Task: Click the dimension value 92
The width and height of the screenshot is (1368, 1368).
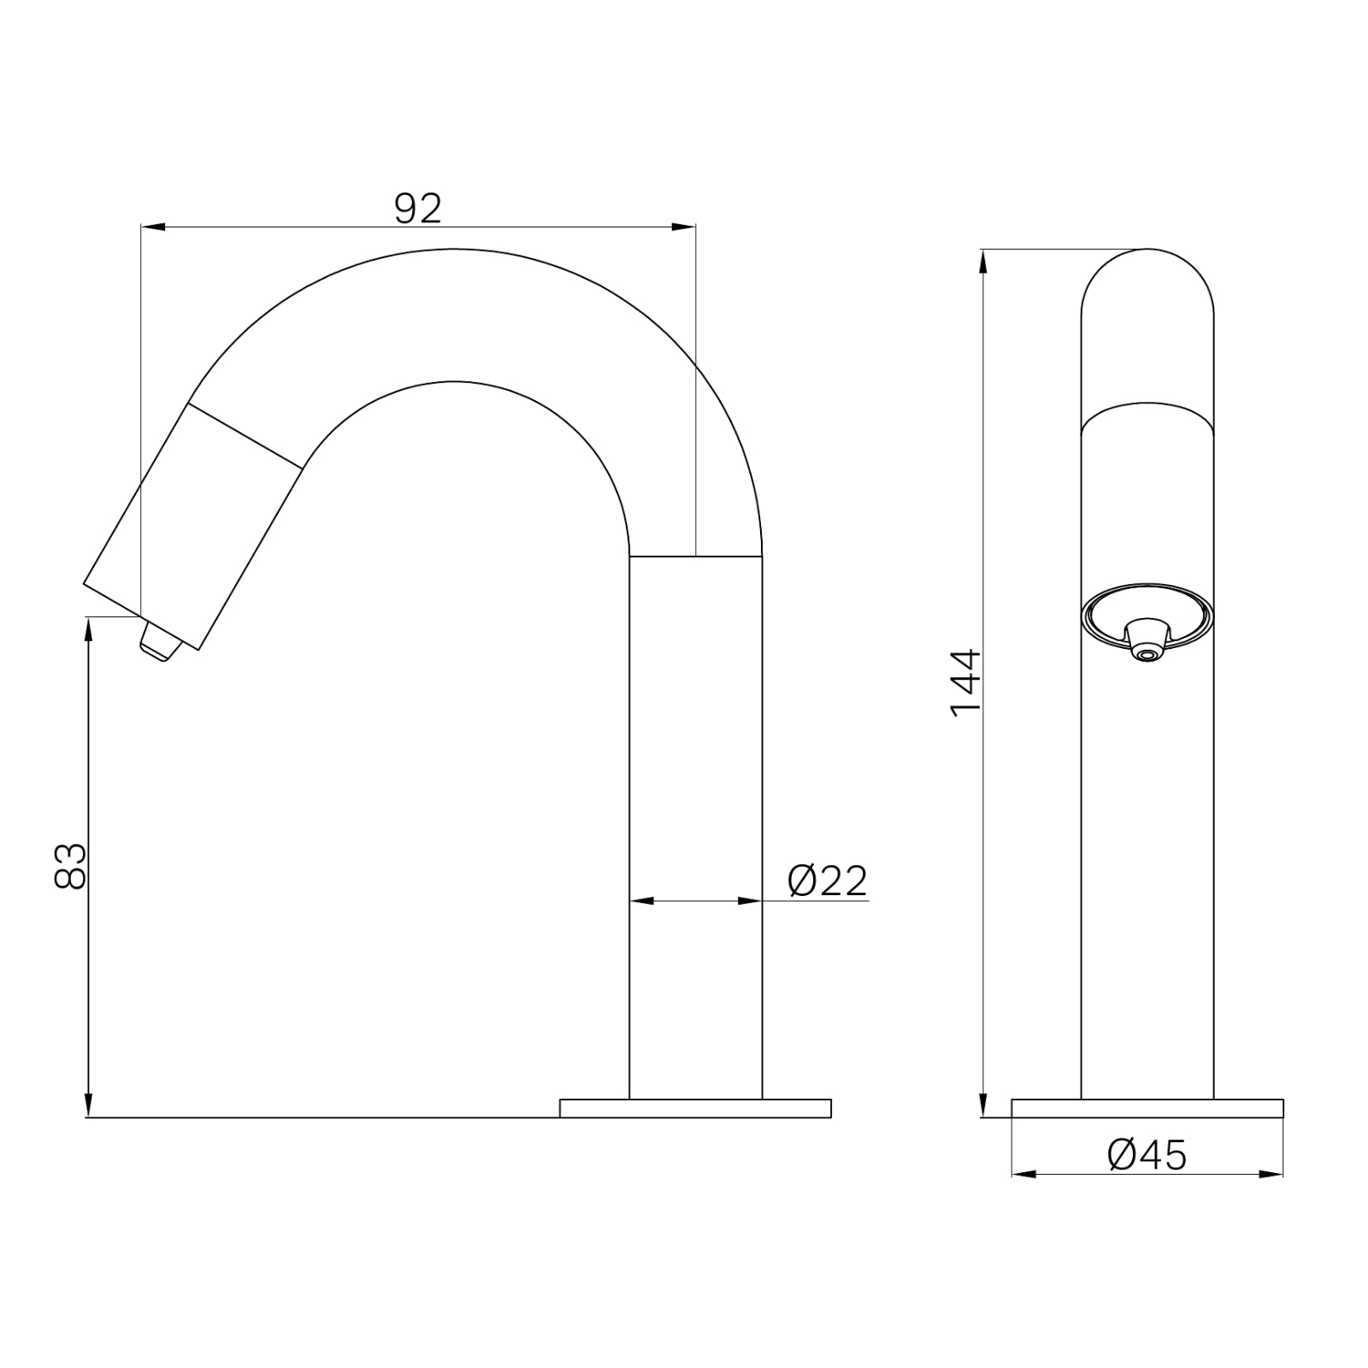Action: point(418,209)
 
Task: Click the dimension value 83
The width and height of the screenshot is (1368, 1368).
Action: point(70,865)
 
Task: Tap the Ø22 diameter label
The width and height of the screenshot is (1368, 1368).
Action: point(828,881)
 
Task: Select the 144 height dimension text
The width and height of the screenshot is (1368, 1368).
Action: point(967,682)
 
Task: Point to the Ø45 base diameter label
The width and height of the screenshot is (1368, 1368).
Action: point(1147,1156)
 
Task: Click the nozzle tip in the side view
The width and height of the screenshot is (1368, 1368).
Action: point(161,644)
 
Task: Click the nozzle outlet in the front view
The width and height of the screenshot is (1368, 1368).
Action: point(1147,654)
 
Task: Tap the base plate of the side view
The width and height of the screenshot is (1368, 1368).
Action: point(694,1108)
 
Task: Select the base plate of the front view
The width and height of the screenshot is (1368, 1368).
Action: point(1147,1108)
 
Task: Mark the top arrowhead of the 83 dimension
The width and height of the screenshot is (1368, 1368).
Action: point(87,628)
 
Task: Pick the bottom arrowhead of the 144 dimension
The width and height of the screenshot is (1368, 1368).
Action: point(983,1106)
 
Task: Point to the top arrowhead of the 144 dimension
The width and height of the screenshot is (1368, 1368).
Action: point(983,260)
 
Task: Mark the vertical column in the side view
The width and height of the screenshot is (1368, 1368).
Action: point(695,821)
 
